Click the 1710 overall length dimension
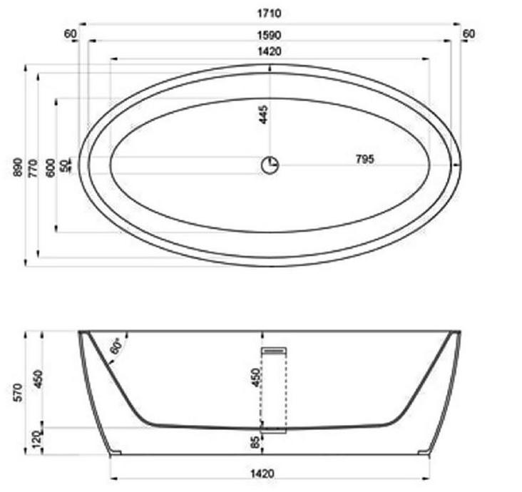[x=270, y=14]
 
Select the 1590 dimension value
[x=270, y=34]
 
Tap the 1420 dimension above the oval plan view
[x=270, y=51]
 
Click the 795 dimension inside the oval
[x=364, y=159]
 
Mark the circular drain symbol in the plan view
[x=270, y=165]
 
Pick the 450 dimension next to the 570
[x=38, y=379]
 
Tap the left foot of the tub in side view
[x=115, y=452]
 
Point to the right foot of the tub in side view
[x=425, y=452]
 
